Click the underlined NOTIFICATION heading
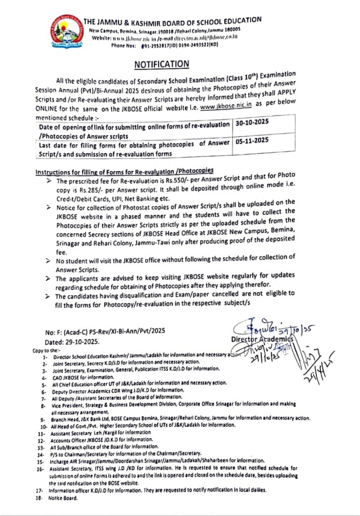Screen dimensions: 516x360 point(161,64)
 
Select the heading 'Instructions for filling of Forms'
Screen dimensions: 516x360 point(124,172)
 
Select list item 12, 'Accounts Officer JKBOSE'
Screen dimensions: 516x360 point(96,439)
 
